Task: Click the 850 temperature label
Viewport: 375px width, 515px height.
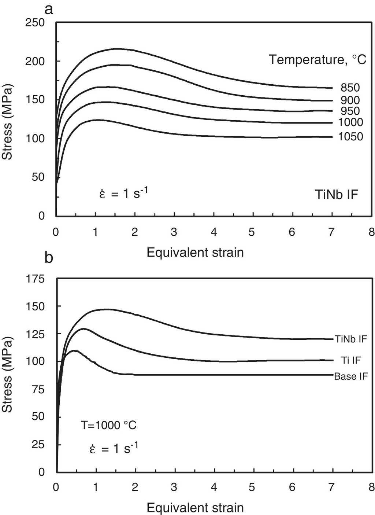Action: point(350,88)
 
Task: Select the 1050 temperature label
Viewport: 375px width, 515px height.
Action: point(350,137)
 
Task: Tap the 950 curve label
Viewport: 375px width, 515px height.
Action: point(350,111)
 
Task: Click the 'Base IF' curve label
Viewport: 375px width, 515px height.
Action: point(351,376)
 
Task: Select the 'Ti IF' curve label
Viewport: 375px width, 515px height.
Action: point(351,360)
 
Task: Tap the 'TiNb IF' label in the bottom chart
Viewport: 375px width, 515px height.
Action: point(351,339)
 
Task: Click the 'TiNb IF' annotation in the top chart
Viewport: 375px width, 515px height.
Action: point(337,194)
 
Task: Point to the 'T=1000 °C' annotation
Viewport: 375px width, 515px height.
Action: point(109,425)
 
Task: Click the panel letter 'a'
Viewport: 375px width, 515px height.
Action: point(49,9)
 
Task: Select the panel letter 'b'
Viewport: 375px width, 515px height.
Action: point(49,258)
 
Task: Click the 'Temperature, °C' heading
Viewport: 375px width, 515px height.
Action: point(318,59)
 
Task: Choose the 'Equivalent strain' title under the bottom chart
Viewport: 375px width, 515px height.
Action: point(195,508)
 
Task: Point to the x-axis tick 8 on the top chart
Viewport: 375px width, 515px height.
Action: point(372,232)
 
